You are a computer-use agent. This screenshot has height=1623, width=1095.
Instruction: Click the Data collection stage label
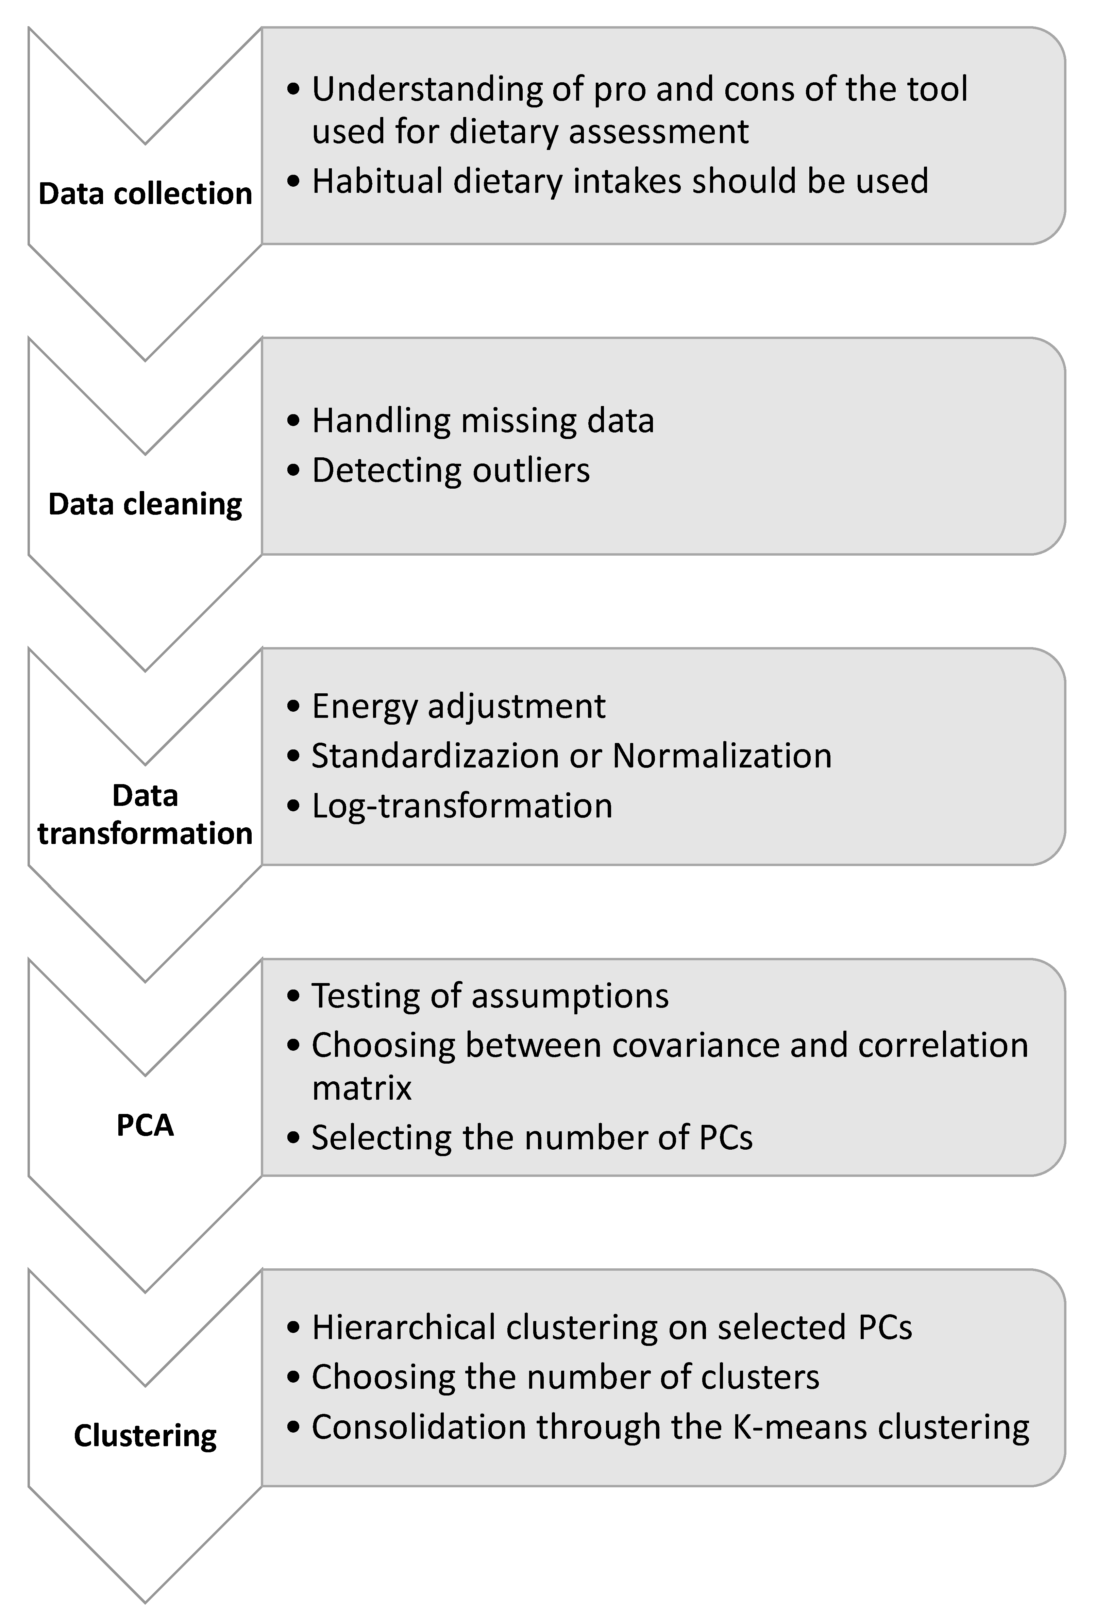coord(145,193)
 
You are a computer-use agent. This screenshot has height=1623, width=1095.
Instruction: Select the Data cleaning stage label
coord(145,504)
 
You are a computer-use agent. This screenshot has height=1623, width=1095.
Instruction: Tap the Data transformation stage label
coord(145,814)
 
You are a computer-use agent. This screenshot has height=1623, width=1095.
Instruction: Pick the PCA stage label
coord(145,1125)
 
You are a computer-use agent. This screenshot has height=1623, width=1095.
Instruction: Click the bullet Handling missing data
coord(483,420)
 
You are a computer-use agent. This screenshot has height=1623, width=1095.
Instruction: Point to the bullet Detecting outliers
coord(451,470)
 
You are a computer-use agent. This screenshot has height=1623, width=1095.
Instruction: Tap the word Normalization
coord(722,756)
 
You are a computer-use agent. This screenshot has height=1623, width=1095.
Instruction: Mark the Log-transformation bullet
coord(461,805)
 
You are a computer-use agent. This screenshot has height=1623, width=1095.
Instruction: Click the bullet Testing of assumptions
coord(490,995)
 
